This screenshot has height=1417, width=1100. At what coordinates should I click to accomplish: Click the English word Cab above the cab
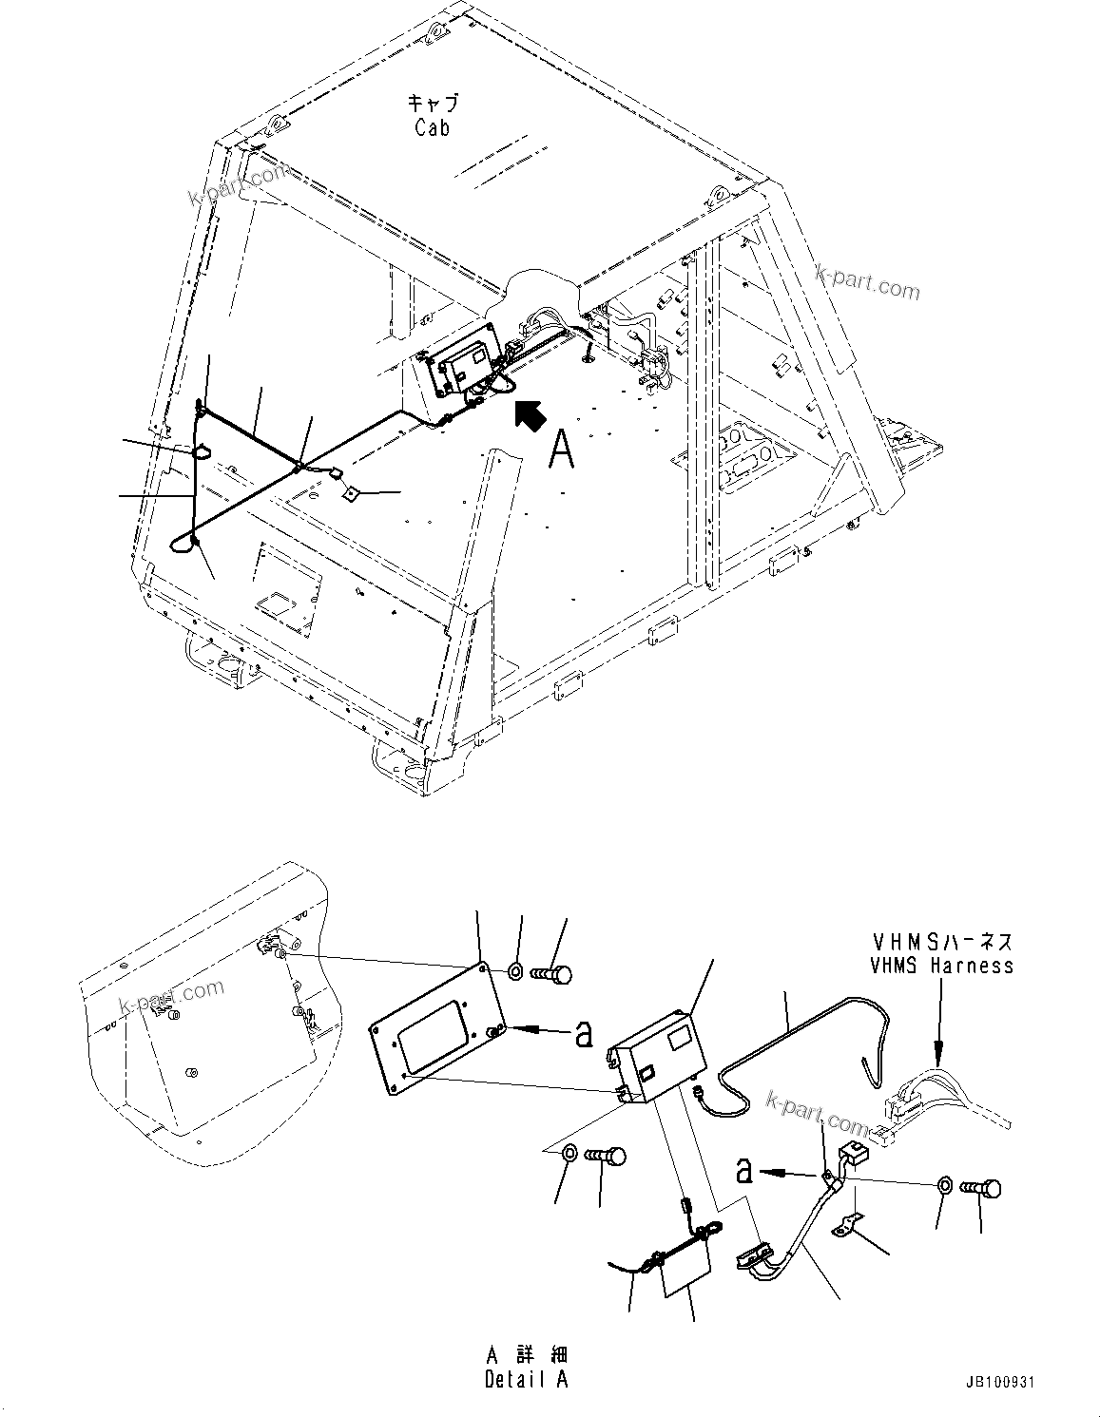[x=432, y=127]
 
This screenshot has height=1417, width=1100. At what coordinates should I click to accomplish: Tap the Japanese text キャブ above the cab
[x=433, y=102]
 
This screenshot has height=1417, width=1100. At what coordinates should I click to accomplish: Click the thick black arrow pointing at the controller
[x=529, y=414]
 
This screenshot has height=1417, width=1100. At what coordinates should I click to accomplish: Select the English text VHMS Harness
[x=941, y=966]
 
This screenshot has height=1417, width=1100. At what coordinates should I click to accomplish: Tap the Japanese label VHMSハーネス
[x=941, y=942]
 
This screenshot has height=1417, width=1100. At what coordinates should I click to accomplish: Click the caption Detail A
[x=526, y=1380]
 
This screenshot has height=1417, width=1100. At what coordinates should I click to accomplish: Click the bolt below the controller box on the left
[x=606, y=1157]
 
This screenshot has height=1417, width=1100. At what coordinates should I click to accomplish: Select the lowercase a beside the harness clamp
[x=744, y=1171]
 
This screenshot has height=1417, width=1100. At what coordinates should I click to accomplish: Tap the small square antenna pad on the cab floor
[x=350, y=492]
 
